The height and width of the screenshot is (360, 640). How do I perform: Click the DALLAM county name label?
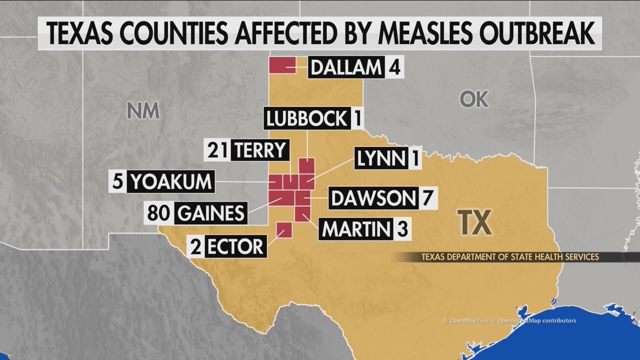coord(346,67)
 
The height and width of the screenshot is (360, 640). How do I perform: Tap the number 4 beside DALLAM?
coord(394,67)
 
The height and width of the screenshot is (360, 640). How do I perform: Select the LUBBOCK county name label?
coord(306,119)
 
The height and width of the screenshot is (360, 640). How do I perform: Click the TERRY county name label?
coord(260,150)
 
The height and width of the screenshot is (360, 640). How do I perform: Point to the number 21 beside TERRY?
coord(217,150)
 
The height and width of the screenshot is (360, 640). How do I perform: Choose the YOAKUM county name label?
coord(170,181)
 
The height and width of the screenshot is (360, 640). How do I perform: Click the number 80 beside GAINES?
coord(159,213)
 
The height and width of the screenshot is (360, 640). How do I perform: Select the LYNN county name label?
coord(381,159)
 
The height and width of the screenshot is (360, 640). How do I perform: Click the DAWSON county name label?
coord(372,198)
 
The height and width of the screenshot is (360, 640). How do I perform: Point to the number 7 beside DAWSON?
coord(427,198)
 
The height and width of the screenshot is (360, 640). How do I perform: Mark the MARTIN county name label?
coord(355,229)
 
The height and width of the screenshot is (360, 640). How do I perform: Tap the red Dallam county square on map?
coord(282,65)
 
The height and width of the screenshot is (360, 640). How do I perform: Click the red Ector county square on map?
coord(284,229)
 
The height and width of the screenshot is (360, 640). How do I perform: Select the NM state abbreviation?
coord(143,110)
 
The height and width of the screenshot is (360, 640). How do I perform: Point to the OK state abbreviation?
coord(473,99)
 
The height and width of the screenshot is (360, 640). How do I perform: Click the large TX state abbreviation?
coord(475,223)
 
